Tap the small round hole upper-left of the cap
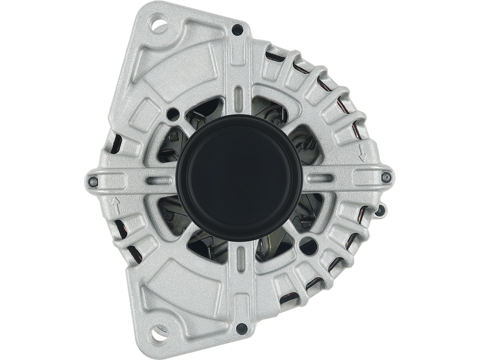point(174,112)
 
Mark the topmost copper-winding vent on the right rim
point(281,56)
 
